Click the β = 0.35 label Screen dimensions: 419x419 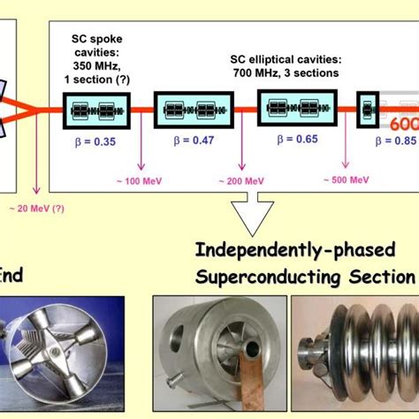click(x=95, y=139)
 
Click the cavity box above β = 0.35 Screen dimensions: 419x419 click(x=95, y=112)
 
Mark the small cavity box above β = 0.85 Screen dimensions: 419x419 click(x=367, y=110)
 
